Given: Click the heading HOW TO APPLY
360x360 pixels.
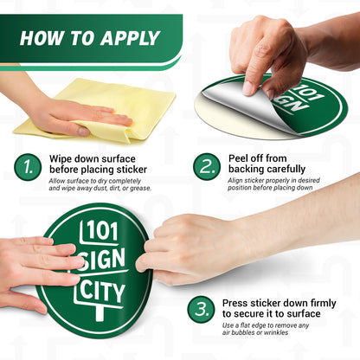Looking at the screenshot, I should click(89, 38).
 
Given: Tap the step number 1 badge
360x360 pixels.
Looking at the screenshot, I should click(29, 167).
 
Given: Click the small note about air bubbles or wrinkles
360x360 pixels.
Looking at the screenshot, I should click(268, 330).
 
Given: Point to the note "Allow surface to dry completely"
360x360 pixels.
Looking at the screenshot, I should click(100, 183).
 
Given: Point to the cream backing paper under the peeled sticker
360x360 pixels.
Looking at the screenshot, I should click(227, 121).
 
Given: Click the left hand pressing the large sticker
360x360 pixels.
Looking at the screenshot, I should click(35, 264).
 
